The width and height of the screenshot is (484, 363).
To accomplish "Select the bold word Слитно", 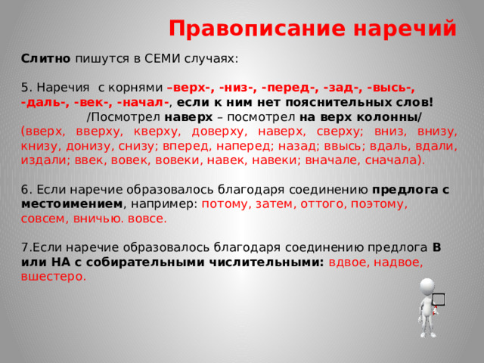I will coord(46,58).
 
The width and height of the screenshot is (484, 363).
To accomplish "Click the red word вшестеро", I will coord(54,276).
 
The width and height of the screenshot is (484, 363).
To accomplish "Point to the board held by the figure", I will coord(439,300).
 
